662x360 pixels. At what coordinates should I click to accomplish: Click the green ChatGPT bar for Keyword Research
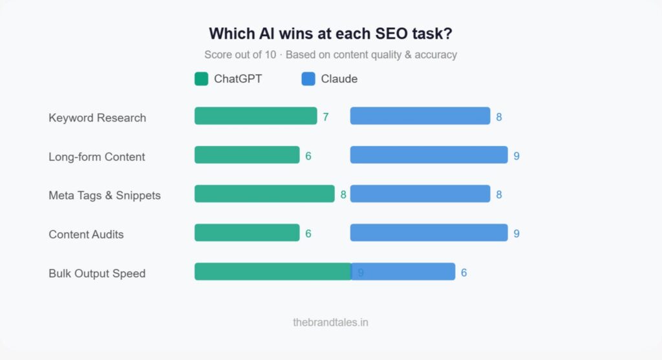tap(255, 116)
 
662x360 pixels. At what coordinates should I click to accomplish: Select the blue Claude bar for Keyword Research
tap(420, 116)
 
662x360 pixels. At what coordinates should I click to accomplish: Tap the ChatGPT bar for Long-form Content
tap(247, 155)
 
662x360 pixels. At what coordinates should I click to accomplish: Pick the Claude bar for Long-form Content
tap(429, 155)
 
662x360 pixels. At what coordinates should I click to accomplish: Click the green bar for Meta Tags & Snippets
tap(264, 194)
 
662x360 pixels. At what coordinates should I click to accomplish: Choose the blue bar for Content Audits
tap(429, 233)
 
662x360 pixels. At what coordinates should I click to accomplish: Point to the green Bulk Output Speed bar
tap(272, 271)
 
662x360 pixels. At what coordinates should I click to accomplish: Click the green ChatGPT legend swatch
tap(201, 79)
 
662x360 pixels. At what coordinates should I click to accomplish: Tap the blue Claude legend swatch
tap(308, 79)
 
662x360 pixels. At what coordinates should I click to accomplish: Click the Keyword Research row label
tap(97, 118)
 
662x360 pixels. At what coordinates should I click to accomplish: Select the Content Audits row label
tap(86, 234)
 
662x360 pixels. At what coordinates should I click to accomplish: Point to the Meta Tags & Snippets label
tap(104, 195)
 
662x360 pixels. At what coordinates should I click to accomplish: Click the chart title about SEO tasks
tap(330, 34)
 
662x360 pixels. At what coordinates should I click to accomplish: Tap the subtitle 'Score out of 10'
tap(330, 55)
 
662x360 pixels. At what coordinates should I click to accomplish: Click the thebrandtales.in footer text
tap(330, 322)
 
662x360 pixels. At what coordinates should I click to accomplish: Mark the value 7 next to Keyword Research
tap(326, 117)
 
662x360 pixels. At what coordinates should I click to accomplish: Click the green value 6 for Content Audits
tap(308, 233)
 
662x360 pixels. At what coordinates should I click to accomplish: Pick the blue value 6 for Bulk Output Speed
tap(464, 273)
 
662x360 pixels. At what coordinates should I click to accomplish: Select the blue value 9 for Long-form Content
tap(517, 156)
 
